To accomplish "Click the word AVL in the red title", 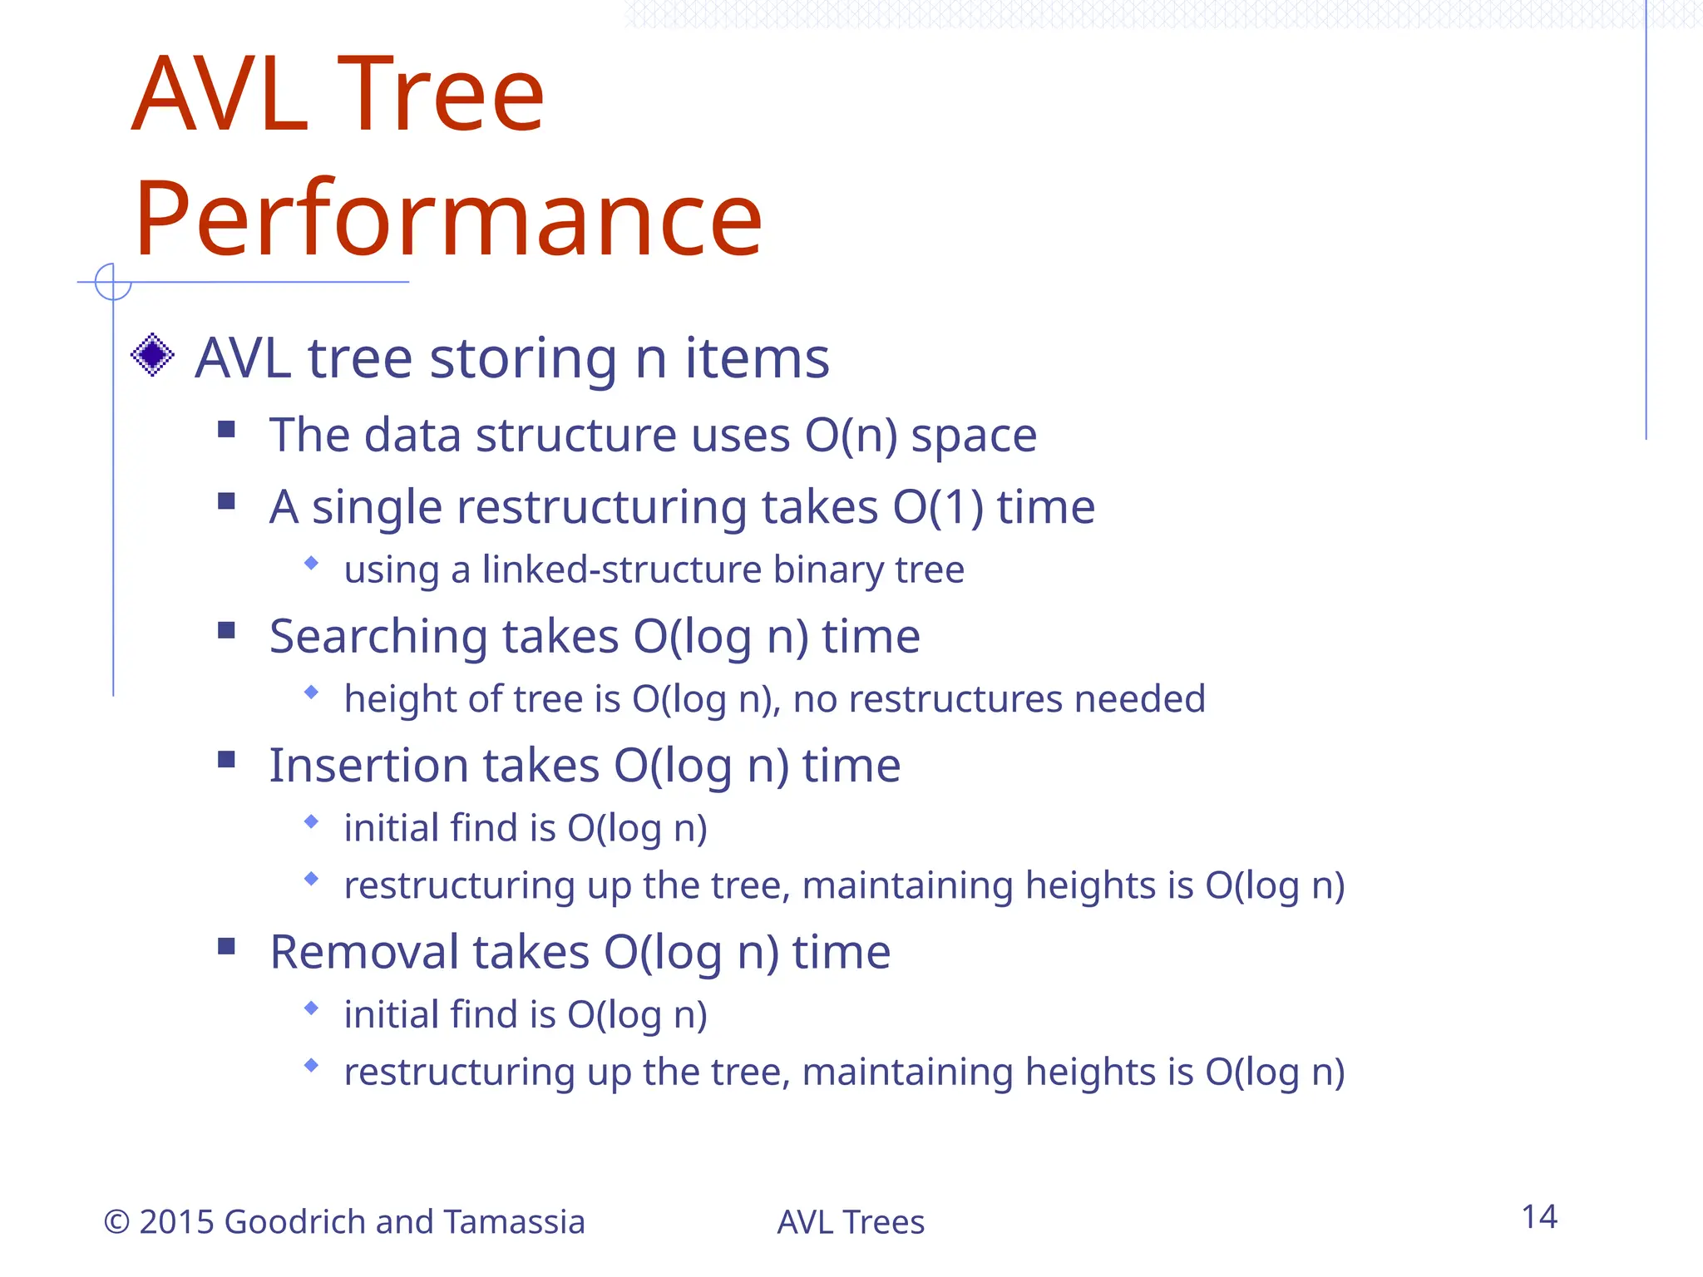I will coord(220,95).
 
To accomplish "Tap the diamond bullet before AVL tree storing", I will coord(152,355).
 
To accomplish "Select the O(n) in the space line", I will coord(851,435).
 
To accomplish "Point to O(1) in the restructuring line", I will coord(938,506).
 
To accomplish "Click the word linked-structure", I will coord(621,569).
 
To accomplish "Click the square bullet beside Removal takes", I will coord(226,946).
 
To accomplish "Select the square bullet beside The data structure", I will coord(226,429).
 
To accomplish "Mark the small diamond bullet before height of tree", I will coord(312,692).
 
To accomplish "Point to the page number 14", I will coord(1538,1217).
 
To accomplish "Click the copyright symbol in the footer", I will coord(116,1222).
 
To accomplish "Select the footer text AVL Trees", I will coord(850,1222).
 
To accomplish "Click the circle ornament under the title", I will coord(113,282).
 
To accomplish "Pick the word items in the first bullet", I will coord(757,358).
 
